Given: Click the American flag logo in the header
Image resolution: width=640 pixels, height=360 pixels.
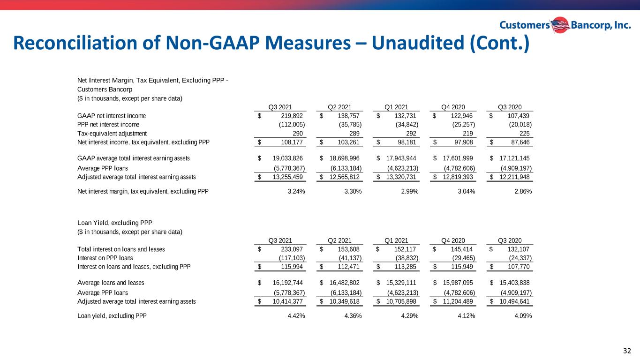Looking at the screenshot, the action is (x=560, y=25).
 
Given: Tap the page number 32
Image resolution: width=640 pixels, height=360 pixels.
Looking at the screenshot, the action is (x=627, y=351).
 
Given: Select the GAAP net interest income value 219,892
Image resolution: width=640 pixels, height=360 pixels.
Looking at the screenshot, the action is (x=292, y=116).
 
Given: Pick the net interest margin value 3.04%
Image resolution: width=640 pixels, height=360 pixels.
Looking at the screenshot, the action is (x=466, y=191).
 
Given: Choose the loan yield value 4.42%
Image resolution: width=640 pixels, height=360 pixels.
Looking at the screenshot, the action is (x=296, y=316).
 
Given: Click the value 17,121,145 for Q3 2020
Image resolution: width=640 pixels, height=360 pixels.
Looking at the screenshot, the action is (x=514, y=158).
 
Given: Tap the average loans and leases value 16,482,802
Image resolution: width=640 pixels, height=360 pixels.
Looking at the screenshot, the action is (x=344, y=283).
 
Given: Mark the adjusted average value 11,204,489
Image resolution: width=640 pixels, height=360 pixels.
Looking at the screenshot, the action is (x=458, y=301).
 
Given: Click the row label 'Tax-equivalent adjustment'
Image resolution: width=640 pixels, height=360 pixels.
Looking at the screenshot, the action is (x=112, y=134).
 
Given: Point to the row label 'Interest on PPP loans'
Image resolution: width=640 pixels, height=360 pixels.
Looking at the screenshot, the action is (x=105, y=258).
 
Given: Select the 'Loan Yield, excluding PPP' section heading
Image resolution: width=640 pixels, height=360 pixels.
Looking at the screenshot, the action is (x=115, y=223).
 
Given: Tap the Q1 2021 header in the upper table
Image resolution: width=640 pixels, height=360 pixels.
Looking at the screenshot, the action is (x=396, y=107).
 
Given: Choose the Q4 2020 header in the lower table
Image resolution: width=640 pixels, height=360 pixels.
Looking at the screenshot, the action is (x=453, y=240).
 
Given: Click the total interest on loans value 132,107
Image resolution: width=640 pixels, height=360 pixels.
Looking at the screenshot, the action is (x=518, y=249).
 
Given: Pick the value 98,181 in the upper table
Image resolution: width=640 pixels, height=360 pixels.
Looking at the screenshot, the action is (x=407, y=142).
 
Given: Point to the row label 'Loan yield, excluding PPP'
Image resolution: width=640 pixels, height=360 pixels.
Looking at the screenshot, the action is (x=112, y=316).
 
